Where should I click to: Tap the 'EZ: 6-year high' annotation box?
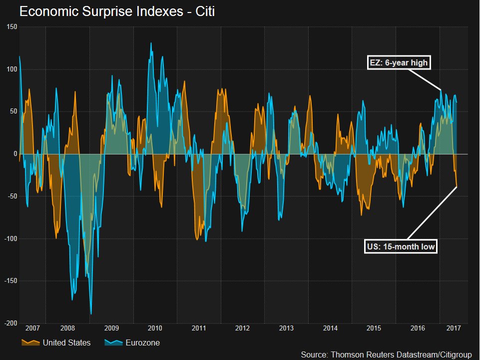[x=398, y=62]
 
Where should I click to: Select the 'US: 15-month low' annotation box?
[x=401, y=246]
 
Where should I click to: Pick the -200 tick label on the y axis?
[x=10, y=323]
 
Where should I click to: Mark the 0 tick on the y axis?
[x=15, y=154]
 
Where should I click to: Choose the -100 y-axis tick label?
[x=10, y=239]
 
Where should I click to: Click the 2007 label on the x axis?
[x=32, y=328]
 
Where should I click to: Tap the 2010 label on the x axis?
[x=155, y=328]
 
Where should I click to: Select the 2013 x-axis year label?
[x=286, y=328]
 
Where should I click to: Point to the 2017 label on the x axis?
[x=453, y=328]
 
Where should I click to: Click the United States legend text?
[x=66, y=343]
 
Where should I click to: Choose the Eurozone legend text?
[x=143, y=343]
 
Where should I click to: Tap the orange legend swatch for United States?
[x=30, y=342]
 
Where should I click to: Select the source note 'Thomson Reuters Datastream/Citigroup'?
[x=386, y=354]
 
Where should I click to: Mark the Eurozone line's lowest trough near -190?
[x=91, y=314]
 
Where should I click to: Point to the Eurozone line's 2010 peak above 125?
[x=151, y=43]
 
